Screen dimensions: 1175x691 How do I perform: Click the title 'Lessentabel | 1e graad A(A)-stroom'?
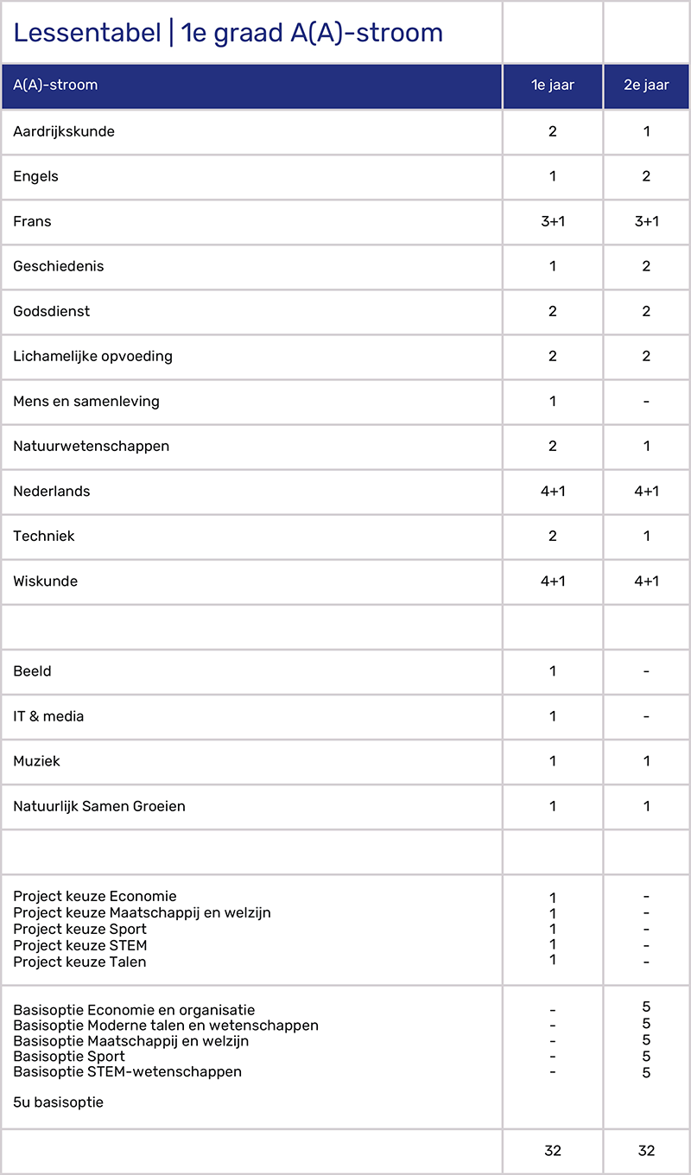[228, 33]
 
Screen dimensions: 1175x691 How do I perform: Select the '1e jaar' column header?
[553, 86]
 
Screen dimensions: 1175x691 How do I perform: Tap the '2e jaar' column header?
[646, 86]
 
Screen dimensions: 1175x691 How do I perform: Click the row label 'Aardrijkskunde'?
[64, 132]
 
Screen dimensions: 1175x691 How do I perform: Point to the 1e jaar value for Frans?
[553, 221]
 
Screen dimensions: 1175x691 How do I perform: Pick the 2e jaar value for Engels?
[646, 176]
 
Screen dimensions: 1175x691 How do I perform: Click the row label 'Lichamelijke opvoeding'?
[92, 356]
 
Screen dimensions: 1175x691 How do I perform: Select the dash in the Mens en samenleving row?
[646, 401]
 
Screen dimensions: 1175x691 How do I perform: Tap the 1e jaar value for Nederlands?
[553, 491]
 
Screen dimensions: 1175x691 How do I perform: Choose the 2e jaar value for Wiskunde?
[646, 581]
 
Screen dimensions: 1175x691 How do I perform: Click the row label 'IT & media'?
[48, 716]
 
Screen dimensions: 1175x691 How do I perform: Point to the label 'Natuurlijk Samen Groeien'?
[99, 806]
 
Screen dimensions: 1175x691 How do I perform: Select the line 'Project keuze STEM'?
[79, 945]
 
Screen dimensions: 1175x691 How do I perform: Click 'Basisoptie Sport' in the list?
[69, 1056]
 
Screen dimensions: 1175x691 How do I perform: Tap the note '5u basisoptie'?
[58, 1102]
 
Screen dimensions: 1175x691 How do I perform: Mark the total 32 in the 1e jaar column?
[553, 1150]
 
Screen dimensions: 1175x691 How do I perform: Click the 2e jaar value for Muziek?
[646, 761]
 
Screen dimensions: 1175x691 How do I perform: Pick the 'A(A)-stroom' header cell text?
[55, 86]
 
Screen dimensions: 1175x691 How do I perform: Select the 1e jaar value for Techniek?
[553, 536]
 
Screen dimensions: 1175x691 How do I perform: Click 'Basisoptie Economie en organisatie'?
[134, 1010]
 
